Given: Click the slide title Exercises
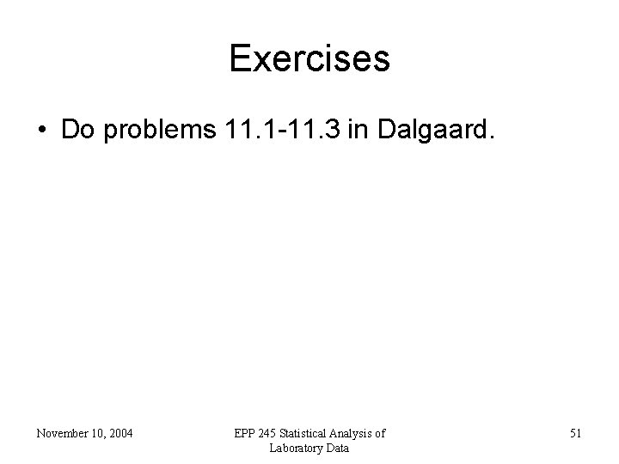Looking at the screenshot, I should pyautogui.click(x=309, y=59).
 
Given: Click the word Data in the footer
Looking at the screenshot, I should pyautogui.click(x=337, y=448).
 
